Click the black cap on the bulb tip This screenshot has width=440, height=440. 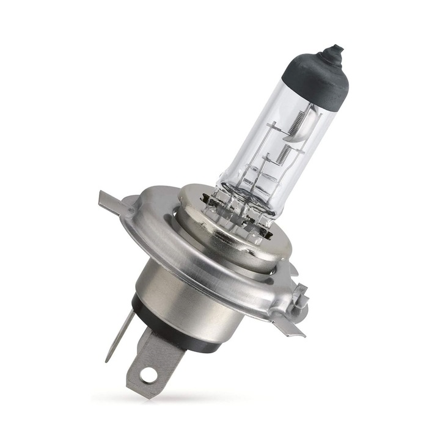[318, 79]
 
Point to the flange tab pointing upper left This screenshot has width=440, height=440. [110, 202]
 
